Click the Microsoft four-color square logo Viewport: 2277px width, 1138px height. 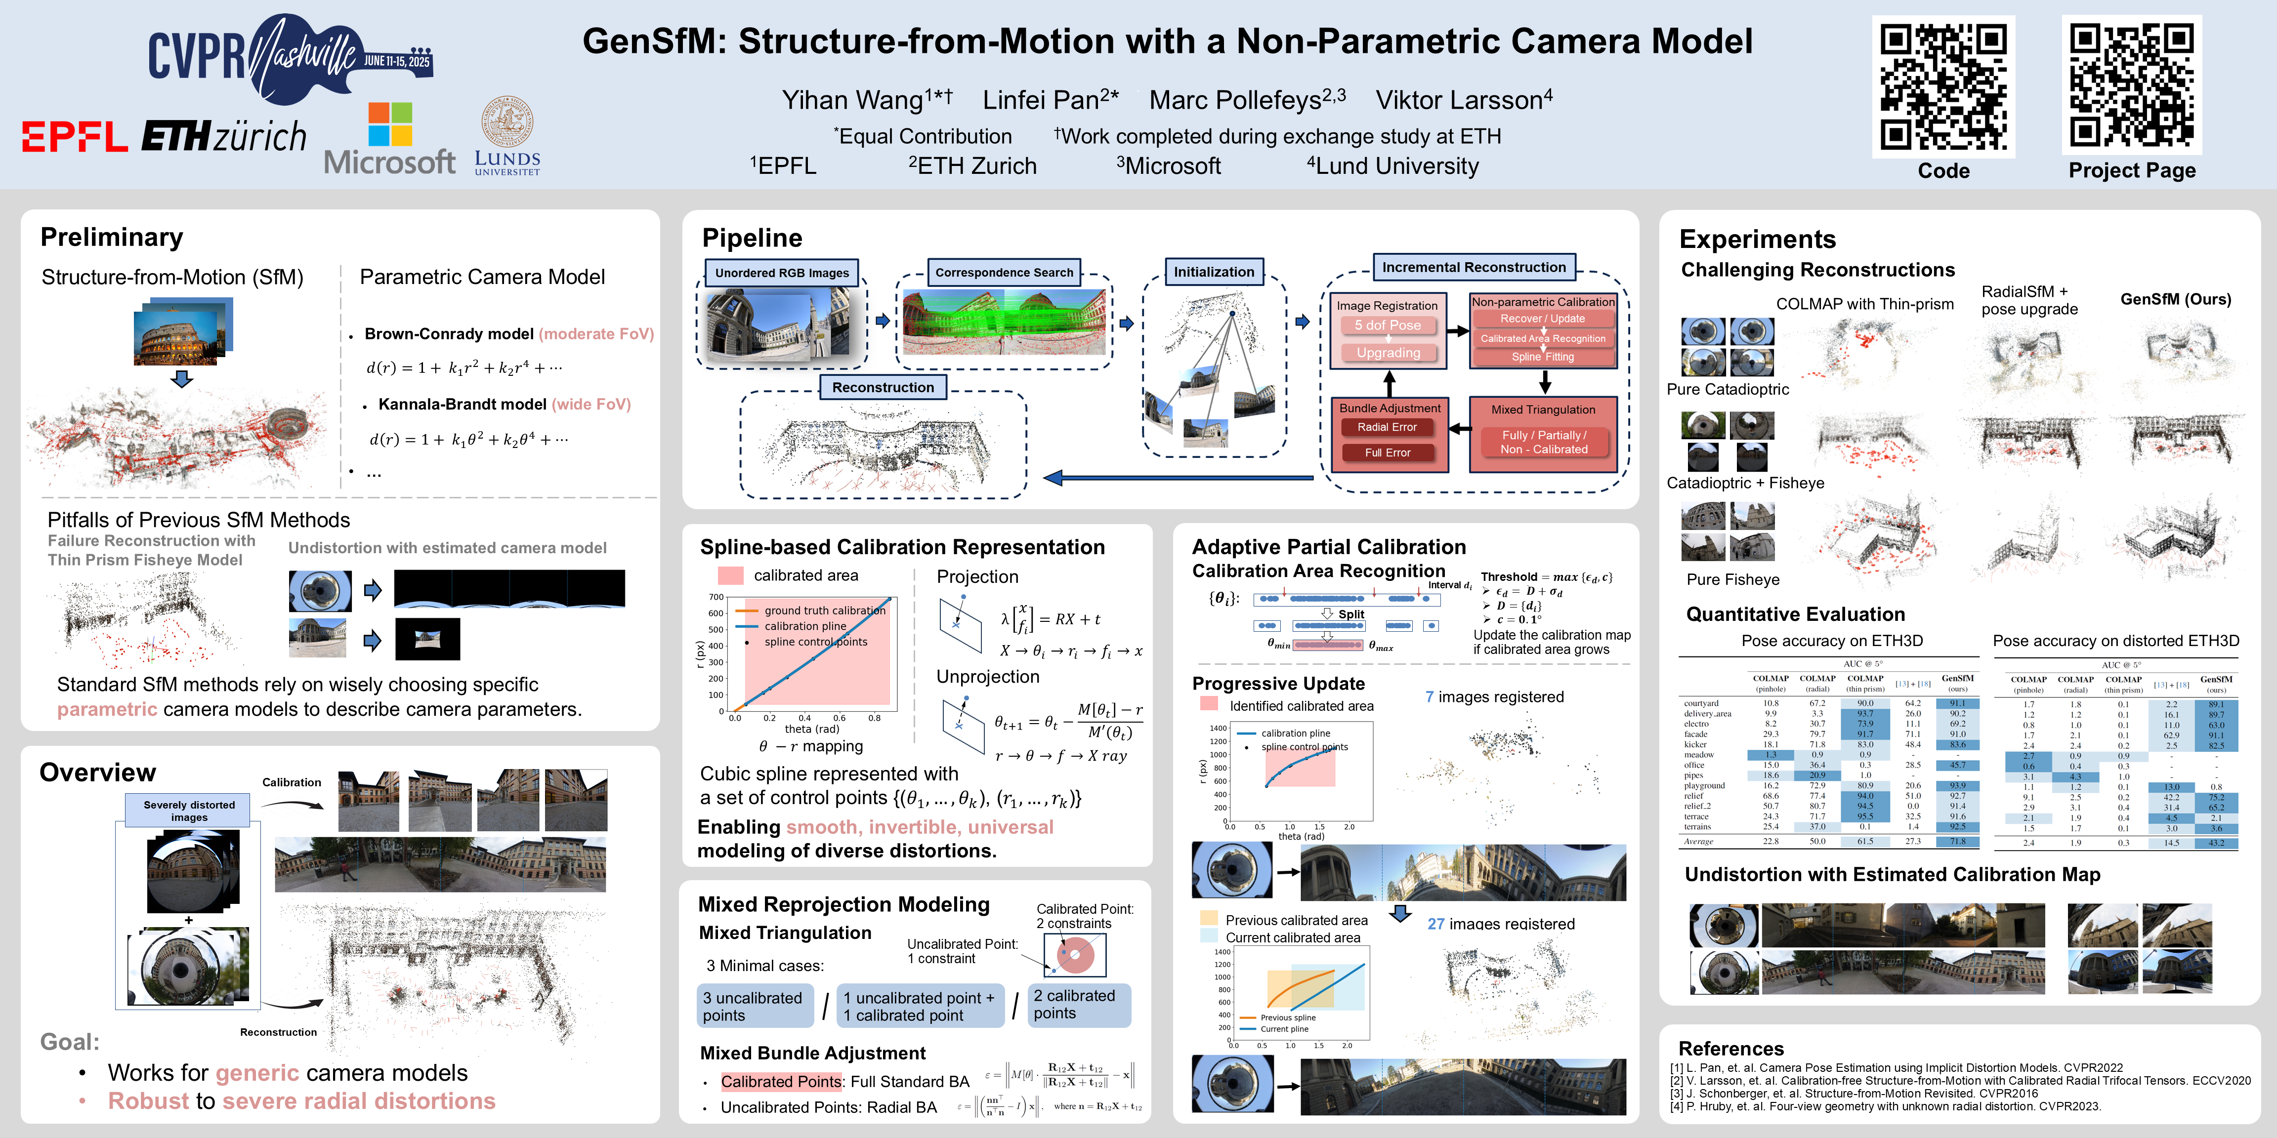(x=390, y=123)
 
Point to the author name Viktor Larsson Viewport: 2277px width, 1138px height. (x=1463, y=100)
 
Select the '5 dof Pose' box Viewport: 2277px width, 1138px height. (x=1387, y=325)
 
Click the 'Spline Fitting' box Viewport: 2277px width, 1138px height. (x=1542, y=357)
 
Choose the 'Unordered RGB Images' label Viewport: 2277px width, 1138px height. (x=781, y=273)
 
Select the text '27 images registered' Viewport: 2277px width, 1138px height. (x=1500, y=923)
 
